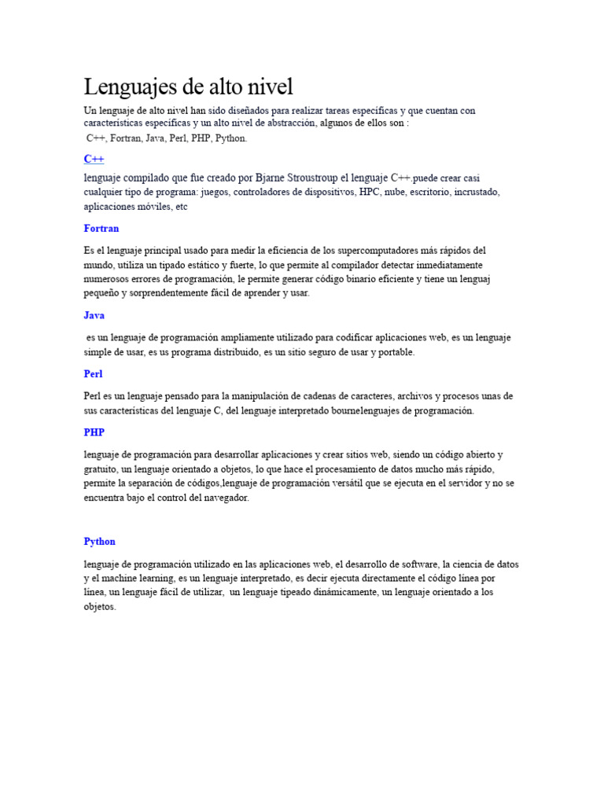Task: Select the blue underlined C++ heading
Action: [94, 159]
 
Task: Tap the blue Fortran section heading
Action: [101, 229]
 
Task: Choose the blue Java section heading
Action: [94, 315]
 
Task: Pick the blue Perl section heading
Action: [93, 374]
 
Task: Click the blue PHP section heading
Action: [94, 432]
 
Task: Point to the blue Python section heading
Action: [99, 542]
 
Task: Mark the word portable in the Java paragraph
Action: [396, 352]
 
